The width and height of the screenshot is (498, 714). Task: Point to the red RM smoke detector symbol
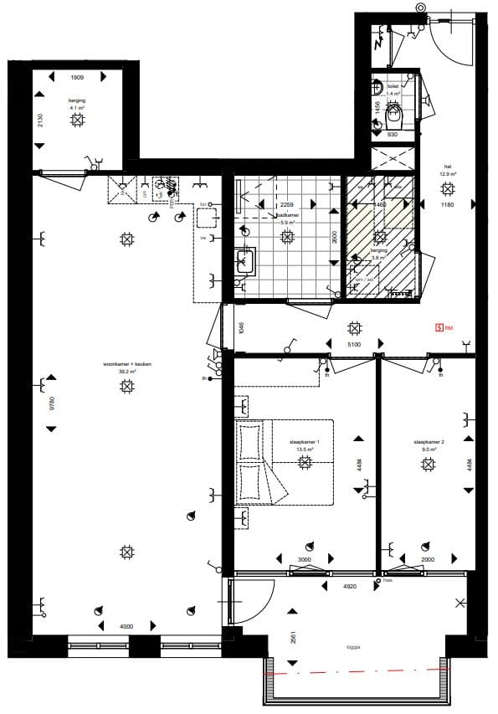coord(438,327)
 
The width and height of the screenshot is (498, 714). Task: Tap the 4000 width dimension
coord(125,626)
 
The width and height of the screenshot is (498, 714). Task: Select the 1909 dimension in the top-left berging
coord(77,77)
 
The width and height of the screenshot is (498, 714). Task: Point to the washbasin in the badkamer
coord(244,262)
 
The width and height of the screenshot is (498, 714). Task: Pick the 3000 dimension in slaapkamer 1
coord(304,560)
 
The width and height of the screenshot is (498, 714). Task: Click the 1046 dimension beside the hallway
coord(240,328)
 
